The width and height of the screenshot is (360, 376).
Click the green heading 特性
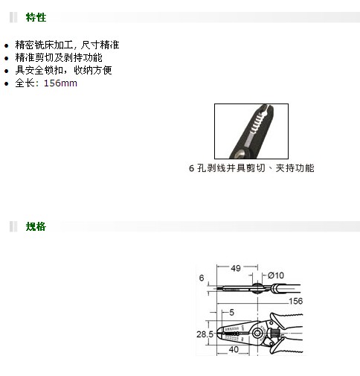coord(36,17)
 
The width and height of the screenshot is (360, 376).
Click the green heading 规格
coord(36,226)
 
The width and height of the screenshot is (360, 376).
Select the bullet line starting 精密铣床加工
coord(67,45)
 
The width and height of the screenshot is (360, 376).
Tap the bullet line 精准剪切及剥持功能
coord(59,57)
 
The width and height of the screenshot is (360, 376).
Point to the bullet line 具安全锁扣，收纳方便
coord(63,70)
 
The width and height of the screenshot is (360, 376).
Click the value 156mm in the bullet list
coord(60,83)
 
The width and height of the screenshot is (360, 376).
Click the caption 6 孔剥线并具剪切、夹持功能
coord(251,168)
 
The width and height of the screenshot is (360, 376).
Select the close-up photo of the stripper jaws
coord(251,131)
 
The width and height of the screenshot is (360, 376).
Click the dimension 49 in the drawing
coord(236,268)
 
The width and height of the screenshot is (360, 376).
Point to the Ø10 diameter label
coord(276,275)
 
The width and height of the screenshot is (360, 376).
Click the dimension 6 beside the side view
coord(202,278)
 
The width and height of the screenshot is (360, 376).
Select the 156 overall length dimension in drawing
coord(295,301)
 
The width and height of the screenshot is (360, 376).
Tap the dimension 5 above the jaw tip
coord(231,312)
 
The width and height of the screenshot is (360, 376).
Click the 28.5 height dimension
coord(205,334)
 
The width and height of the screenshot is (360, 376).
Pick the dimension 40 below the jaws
coord(234,349)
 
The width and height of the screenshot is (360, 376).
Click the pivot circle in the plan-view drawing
coord(257,333)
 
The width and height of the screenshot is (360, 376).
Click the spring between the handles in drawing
coord(274,333)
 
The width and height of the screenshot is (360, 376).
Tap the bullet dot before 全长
coord(7,83)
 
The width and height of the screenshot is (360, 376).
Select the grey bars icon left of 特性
coord(13,17)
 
